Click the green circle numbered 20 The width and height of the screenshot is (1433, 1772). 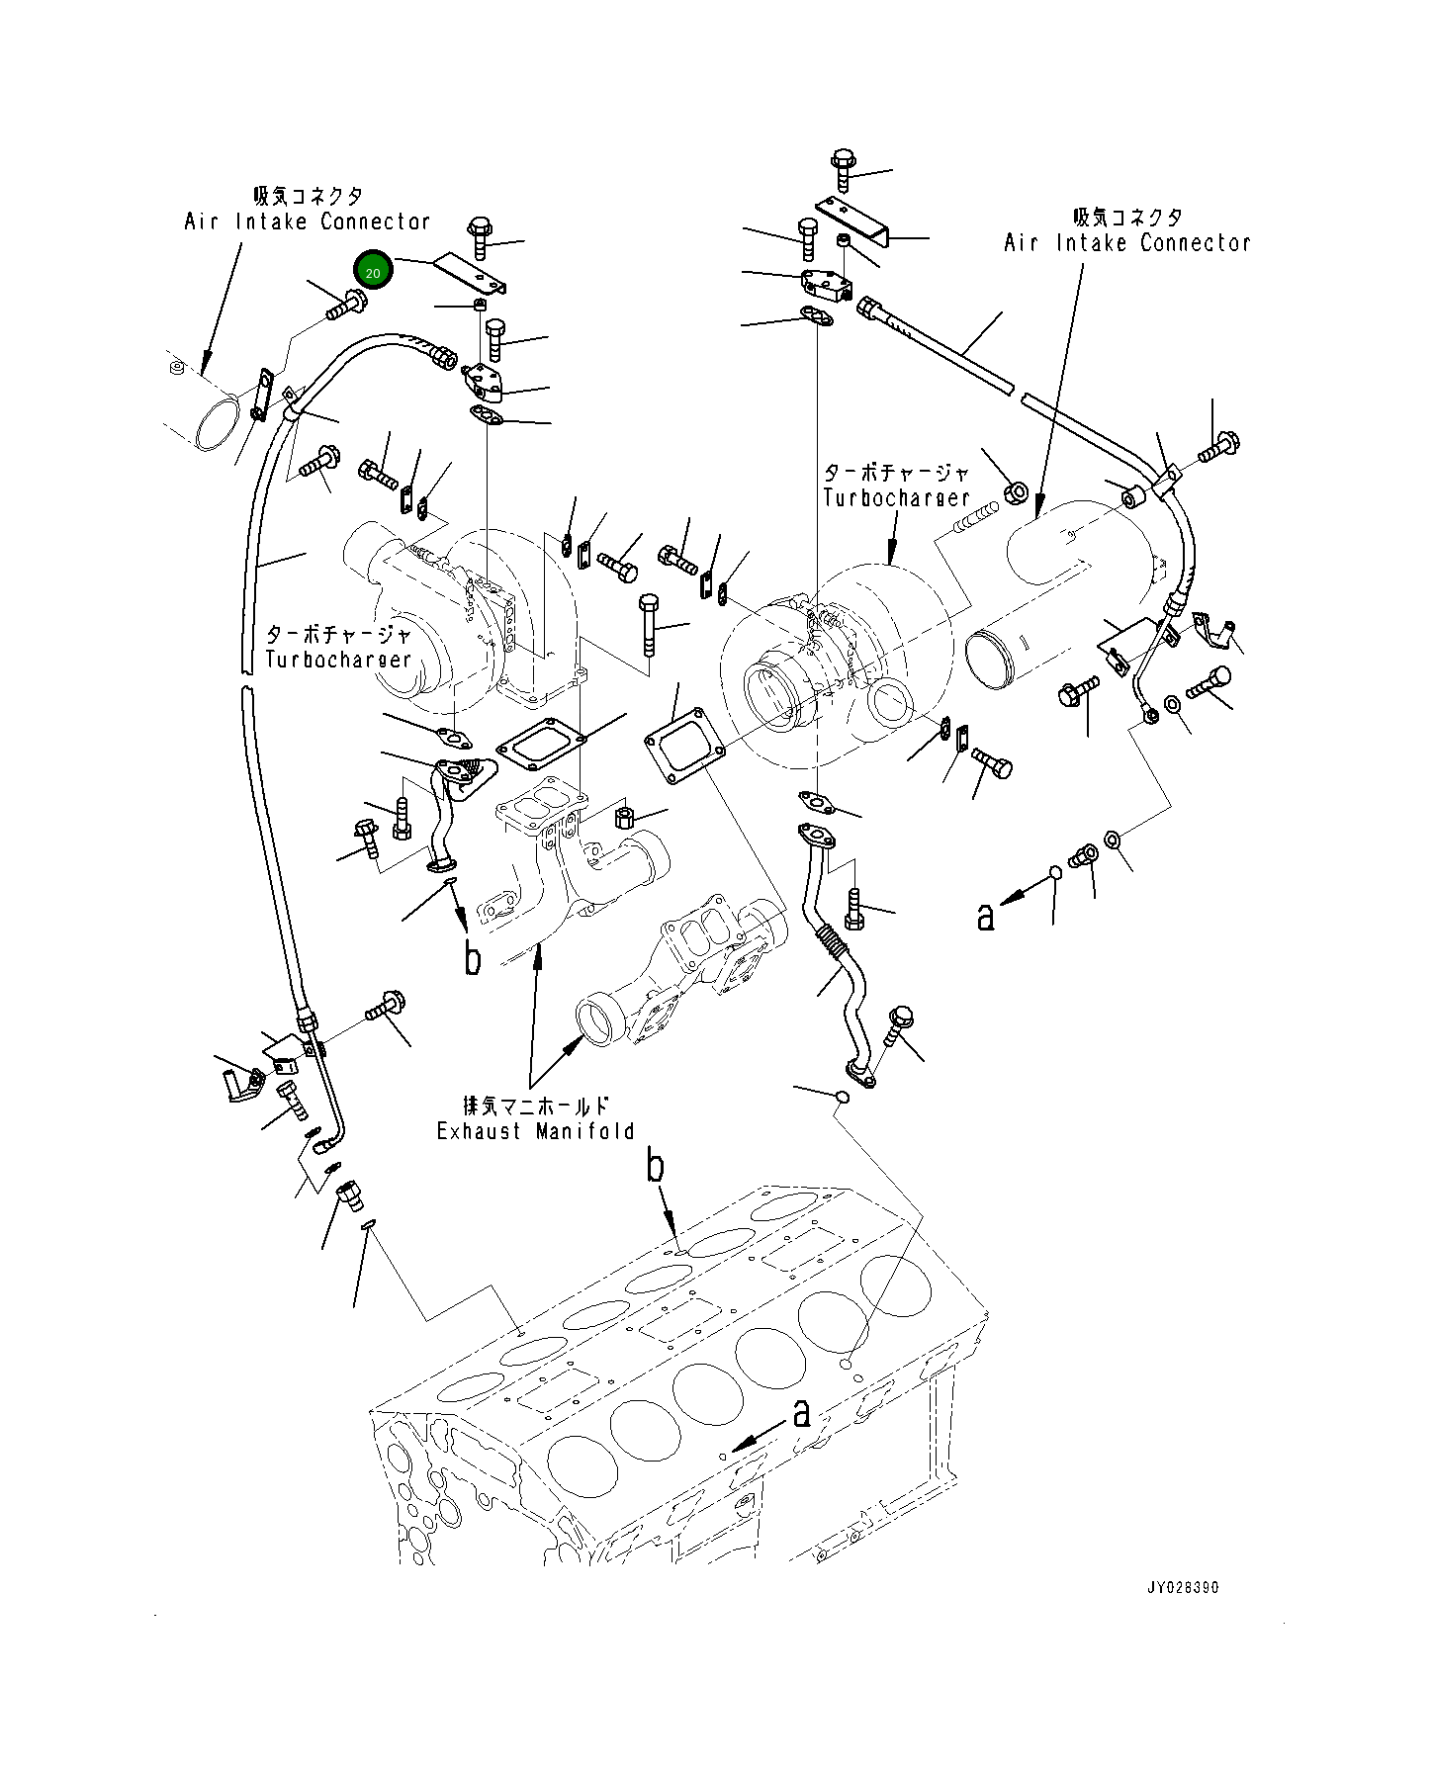[x=373, y=268]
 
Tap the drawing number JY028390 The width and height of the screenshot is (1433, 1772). [x=1183, y=1589]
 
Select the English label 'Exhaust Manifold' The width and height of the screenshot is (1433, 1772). [x=536, y=1131]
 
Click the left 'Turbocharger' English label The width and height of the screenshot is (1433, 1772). [x=338, y=659]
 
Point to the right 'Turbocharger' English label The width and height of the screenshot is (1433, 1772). [x=896, y=498]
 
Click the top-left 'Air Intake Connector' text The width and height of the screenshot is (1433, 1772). [x=308, y=221]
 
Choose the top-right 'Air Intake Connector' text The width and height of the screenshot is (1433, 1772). [x=1127, y=242]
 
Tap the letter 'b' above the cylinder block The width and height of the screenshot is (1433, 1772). [x=656, y=1167]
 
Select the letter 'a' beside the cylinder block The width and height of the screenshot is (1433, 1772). [x=802, y=1414]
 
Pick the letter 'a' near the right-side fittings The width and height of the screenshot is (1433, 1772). [x=985, y=917]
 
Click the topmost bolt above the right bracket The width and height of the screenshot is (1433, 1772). [x=843, y=169]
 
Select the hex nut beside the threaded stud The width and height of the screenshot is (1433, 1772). [x=1016, y=490]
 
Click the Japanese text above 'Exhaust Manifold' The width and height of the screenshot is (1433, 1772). [x=536, y=1106]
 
